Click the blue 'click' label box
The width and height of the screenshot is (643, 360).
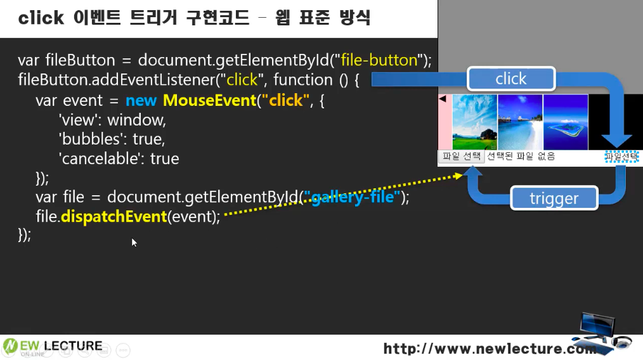coord(511,79)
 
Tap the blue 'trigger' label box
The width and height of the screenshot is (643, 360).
coord(554,198)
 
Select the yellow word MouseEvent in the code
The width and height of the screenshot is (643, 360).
coord(209,100)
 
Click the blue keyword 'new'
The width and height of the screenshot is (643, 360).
coord(141,101)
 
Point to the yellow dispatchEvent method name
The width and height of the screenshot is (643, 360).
coord(114,217)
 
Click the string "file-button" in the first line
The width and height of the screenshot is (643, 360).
coord(379,60)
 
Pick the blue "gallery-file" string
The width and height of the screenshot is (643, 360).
coord(352,197)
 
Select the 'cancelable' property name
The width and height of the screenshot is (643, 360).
coord(100,158)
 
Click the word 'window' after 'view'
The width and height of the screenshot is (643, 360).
coord(136,120)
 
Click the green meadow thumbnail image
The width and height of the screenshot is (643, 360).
coord(474,122)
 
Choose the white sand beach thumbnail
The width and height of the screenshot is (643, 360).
coord(520,122)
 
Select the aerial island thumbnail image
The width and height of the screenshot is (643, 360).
coord(566,122)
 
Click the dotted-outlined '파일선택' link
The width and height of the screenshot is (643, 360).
coord(621,156)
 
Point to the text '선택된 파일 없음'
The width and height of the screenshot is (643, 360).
coord(521,156)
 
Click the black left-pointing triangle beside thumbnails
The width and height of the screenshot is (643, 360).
coord(443,99)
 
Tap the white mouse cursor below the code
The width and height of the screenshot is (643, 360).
coord(134,242)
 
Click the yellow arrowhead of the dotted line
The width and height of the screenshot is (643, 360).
coord(458,176)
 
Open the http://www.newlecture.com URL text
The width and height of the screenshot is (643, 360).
coord(490,349)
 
